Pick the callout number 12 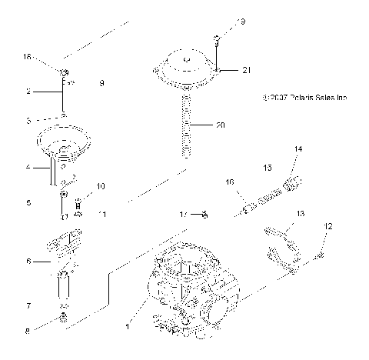click(328, 226)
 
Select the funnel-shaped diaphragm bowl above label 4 click(65, 143)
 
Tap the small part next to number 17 click(204, 213)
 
